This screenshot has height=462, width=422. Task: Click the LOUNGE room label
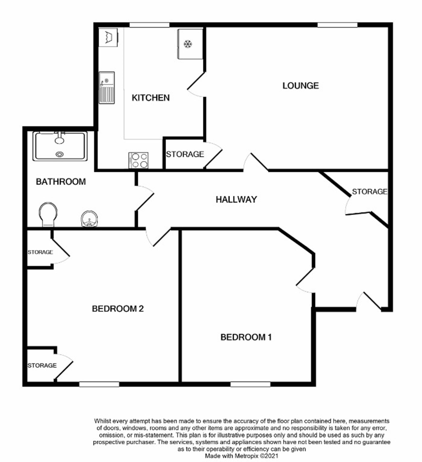pos(300,86)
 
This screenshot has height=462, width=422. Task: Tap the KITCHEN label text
pos(151,98)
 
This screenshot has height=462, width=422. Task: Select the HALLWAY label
pos(236,199)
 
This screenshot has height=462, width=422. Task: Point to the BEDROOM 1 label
pos(246,337)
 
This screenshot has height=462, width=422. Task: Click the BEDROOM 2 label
pos(118,309)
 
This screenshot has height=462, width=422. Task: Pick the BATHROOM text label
pos(61,182)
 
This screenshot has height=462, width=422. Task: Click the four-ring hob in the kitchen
pos(138,160)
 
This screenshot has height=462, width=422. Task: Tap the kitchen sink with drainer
pos(107,88)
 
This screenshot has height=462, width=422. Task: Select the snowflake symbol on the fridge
pos(188,44)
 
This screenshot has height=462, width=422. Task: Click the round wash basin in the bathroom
pos(89,219)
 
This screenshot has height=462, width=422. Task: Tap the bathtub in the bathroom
pos(60,146)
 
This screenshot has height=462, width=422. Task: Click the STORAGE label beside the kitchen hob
pos(185,154)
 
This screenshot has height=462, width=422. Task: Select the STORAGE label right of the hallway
pos(369,192)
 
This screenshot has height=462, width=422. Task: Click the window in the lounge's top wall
pos(337,25)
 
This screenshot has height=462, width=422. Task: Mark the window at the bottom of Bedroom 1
pos(250,384)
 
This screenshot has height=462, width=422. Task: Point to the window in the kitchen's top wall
pos(149,25)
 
